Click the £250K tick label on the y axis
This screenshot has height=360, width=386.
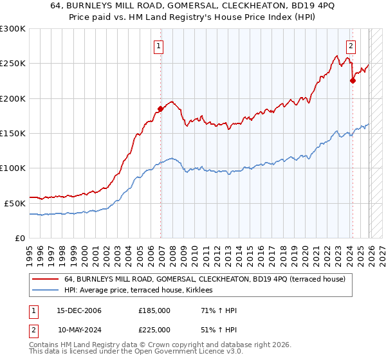(x=12, y=64)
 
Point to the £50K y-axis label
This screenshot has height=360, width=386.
(x=14, y=203)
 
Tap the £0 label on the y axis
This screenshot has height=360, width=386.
(x=19, y=238)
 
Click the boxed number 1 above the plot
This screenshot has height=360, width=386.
(x=158, y=46)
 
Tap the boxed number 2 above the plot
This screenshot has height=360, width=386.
(x=351, y=46)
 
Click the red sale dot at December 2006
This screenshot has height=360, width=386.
(x=160, y=109)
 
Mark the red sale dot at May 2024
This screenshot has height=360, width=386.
(x=353, y=81)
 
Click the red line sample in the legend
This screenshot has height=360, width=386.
(x=46, y=279)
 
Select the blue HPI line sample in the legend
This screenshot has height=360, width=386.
(x=46, y=291)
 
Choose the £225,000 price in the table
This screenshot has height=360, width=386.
(x=154, y=329)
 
